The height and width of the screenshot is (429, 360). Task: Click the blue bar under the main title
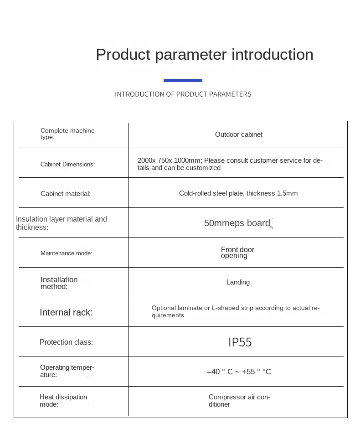pos(183,80)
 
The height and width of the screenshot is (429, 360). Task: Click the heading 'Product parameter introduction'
pos(205,54)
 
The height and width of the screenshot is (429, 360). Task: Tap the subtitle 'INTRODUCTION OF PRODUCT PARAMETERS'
pos(183,94)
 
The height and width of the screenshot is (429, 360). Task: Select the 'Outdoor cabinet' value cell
pos(239,134)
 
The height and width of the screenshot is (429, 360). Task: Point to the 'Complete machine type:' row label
pos(67,134)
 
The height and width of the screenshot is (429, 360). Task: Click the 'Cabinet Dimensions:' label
pos(67,164)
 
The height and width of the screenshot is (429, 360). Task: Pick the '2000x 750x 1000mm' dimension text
pos(170,160)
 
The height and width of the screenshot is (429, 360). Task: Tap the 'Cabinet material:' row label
pos(66,194)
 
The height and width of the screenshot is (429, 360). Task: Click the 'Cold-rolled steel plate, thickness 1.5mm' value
pos(238,193)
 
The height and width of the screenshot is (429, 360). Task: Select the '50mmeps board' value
pos(237,223)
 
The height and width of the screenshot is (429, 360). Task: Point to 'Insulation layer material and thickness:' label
pos(62,223)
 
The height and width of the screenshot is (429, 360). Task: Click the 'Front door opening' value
pos(237,253)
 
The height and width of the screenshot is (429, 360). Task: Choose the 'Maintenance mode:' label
pos(66,253)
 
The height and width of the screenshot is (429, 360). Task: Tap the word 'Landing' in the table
pos(238,282)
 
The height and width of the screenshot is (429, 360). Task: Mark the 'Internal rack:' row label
pos(66,312)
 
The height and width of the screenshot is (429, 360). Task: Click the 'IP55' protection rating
pos(240,342)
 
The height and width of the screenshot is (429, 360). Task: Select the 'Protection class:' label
pos(66,342)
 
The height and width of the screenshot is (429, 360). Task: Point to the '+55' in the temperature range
pos(249,372)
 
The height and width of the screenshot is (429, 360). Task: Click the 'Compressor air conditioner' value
pos(239,401)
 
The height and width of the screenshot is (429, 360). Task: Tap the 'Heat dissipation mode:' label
pos(63,401)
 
